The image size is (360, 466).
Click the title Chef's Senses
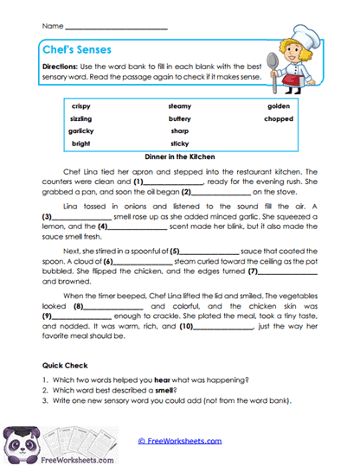pos(75,50)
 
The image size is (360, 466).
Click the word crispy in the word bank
pos(81,106)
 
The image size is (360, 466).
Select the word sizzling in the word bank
pos(81,118)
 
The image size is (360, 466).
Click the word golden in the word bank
pos(279,106)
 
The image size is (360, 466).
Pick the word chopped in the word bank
pos(279,118)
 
